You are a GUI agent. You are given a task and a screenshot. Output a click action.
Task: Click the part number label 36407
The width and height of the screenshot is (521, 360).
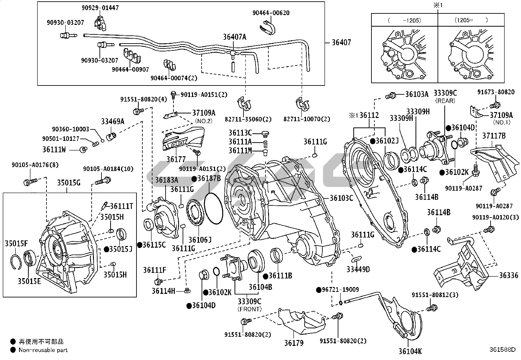coord(341,42)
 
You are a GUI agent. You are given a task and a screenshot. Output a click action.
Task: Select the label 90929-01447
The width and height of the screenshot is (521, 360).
coord(100,8)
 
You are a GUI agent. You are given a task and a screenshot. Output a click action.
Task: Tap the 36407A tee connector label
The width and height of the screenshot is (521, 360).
coord(234,37)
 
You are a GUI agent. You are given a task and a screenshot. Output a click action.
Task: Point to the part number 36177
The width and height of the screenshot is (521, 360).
coord(176,159)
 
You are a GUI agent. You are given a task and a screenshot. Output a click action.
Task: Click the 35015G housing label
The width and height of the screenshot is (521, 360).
coord(69,182)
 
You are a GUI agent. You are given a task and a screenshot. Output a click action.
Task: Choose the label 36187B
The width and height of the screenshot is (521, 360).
coord(209,179)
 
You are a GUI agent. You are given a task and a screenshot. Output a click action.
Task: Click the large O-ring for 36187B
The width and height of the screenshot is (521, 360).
coord(213,209)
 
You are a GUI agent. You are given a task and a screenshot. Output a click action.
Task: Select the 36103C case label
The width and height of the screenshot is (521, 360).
coord(341,198)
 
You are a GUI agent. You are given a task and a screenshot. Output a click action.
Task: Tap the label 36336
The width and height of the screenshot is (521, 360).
coord(509,275)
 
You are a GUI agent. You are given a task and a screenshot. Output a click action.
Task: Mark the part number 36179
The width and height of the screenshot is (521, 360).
coord(294,343)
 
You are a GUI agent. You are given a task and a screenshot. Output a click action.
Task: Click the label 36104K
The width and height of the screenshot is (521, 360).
coord(410,351)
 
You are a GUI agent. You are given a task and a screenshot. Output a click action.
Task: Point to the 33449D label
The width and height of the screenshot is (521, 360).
coord(358,269)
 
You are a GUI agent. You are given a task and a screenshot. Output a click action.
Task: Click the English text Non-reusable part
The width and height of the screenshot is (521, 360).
coord(43,350)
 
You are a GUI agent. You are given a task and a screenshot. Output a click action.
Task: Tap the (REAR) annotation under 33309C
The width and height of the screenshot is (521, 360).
coord(445,101)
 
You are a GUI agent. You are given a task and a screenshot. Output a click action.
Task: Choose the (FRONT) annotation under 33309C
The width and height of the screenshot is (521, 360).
coord(249,309)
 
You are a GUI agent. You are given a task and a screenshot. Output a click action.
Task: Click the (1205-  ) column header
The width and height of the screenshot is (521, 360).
coord(471,20)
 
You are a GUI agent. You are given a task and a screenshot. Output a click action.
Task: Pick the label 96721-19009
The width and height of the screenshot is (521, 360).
coord(340,290)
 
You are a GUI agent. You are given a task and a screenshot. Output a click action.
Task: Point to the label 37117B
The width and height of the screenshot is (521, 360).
coord(494,135)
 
